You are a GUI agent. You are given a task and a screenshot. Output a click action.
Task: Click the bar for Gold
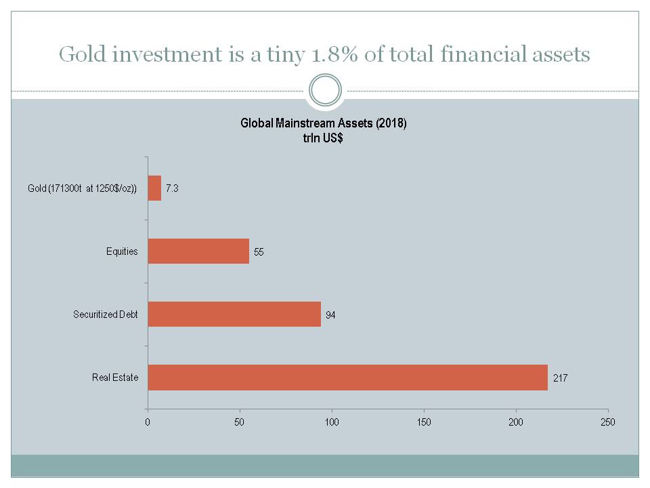point(154,188)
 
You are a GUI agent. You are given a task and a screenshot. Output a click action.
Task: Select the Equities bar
point(198,251)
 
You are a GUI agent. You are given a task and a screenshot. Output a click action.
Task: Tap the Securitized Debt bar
point(234,314)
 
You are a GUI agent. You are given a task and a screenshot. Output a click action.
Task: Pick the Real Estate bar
point(348,378)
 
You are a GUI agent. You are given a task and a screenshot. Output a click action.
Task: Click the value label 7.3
point(172,188)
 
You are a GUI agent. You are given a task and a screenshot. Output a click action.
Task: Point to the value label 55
point(259,252)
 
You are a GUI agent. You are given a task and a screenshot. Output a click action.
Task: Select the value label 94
point(330,315)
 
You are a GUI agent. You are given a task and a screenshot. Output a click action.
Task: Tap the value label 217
point(560,378)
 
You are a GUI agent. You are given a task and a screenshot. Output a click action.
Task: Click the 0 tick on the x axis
point(148,422)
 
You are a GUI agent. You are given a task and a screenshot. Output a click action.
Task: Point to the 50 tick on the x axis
point(239,422)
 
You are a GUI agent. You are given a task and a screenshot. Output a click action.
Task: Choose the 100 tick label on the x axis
point(332,422)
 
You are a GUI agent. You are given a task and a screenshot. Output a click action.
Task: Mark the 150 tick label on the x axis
point(424,422)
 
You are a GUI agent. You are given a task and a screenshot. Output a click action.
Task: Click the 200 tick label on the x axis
point(516,422)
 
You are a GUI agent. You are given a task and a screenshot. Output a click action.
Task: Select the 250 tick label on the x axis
point(608,422)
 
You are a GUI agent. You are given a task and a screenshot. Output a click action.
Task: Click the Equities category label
point(122,251)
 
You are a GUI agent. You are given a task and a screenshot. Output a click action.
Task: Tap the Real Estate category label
point(115,378)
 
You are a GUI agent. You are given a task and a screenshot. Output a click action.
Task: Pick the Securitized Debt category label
point(106,314)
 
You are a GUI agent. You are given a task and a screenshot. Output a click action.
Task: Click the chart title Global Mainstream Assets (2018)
point(324,123)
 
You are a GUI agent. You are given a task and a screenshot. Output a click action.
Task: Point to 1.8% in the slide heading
point(334,54)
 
